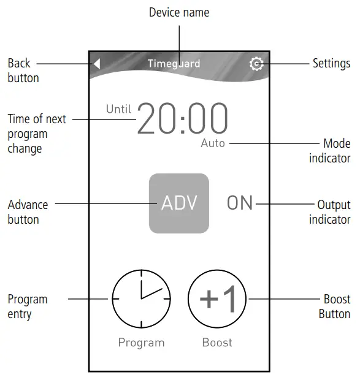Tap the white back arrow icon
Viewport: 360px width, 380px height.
pyautogui.click(x=97, y=64)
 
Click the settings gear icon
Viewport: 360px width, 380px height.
pyautogui.click(x=256, y=64)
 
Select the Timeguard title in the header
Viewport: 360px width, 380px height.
pyautogui.click(x=174, y=64)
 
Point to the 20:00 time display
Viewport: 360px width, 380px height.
pyautogui.click(x=183, y=119)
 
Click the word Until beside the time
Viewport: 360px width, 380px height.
pyautogui.click(x=119, y=109)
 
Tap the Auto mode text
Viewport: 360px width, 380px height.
pyautogui.click(x=213, y=143)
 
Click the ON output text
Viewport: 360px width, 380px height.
pyautogui.click(x=240, y=203)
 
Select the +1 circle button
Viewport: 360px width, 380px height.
pyautogui.click(x=217, y=298)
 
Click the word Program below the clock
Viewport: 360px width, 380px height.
pyautogui.click(x=141, y=343)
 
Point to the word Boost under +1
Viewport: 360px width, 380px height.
pyautogui.click(x=217, y=343)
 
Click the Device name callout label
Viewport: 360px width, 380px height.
pyautogui.click(x=179, y=12)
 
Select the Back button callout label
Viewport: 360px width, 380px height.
pyautogui.click(x=23, y=70)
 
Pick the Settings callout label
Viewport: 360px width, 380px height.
pyautogui.click(x=331, y=63)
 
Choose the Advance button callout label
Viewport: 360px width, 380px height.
pyautogui.click(x=28, y=211)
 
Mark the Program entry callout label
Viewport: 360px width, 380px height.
pyautogui.click(x=27, y=306)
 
